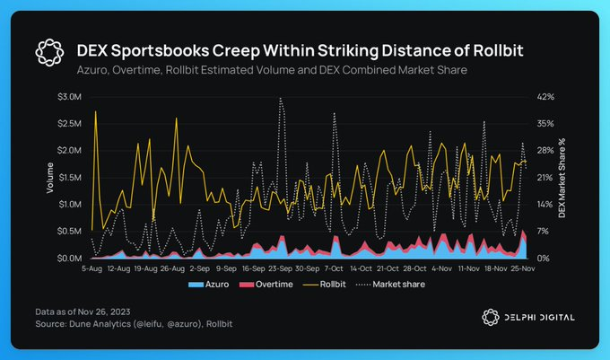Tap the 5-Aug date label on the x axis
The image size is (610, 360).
pyautogui.click(x=92, y=268)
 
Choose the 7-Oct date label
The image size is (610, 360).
pyautogui.click(x=333, y=268)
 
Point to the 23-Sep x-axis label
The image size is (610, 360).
pyautogui.click(x=280, y=268)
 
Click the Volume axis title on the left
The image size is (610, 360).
pyautogui.click(x=50, y=177)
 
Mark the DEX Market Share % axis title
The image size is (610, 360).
pyautogui.click(x=562, y=177)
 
